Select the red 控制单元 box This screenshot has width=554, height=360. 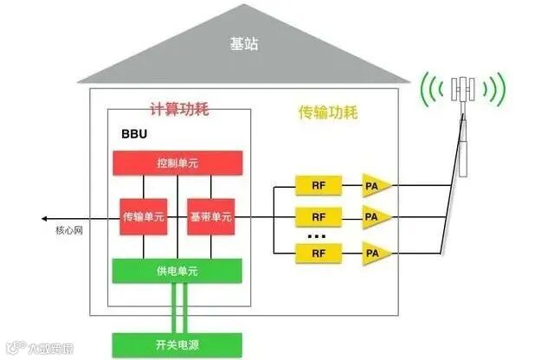[177, 163]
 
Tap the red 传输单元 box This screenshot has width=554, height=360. [142, 217]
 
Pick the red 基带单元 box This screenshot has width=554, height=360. [211, 217]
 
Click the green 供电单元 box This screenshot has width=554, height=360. [177, 271]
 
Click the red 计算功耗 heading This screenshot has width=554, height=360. [179, 110]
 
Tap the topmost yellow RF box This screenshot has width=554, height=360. [319, 185]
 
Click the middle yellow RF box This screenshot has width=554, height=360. [319, 216]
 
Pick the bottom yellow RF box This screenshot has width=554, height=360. [319, 253]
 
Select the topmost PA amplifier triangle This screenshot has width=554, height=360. [374, 185]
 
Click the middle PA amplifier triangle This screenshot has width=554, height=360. [374, 216]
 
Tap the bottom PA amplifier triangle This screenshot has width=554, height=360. [374, 253]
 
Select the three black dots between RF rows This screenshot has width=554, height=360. [317, 235]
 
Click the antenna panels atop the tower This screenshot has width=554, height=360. [466, 89]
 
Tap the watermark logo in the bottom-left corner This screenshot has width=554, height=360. [11, 349]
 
